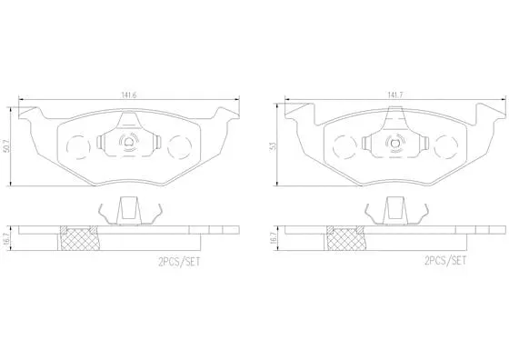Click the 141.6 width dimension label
(x=128, y=94)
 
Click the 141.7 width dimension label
(x=394, y=94)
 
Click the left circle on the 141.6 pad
(x=80, y=145)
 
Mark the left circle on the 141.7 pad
(x=346, y=145)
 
